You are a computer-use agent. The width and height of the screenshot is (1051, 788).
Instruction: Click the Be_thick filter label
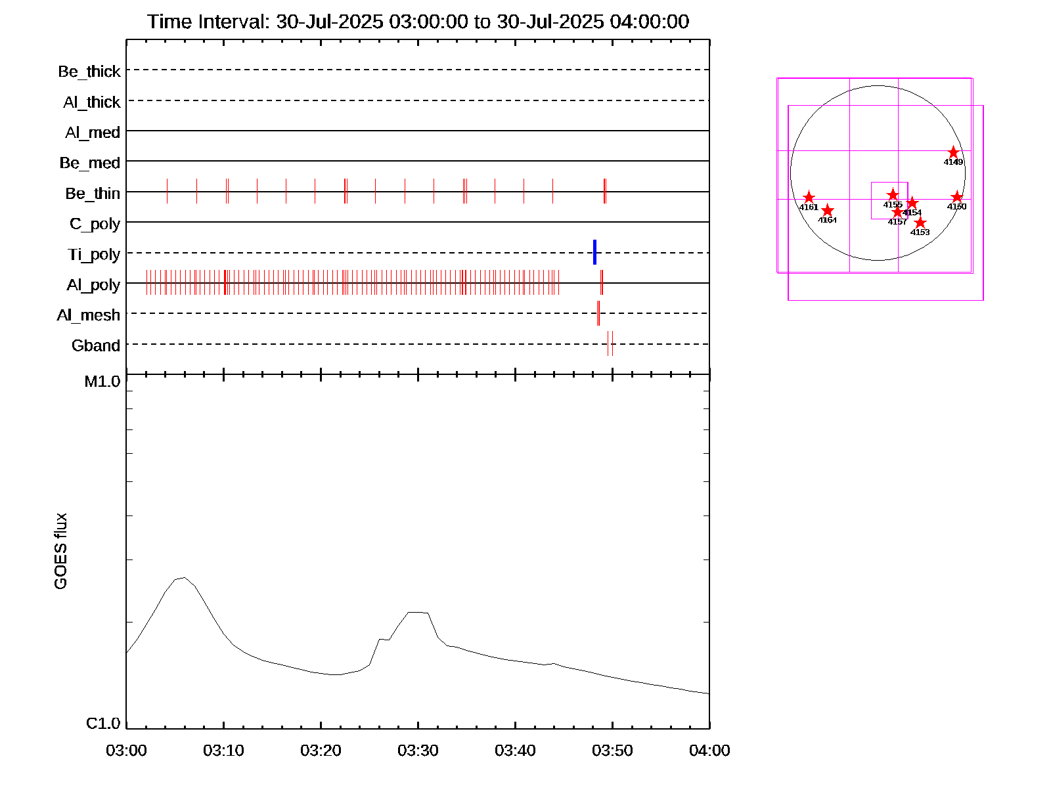tap(89, 72)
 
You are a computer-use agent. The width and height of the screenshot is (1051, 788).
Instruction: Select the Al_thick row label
tap(91, 102)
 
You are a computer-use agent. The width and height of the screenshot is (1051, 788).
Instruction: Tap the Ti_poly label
tap(94, 255)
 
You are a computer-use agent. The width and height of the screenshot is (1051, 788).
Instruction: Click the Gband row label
tap(96, 346)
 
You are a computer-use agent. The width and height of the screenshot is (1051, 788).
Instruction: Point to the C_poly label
tap(95, 225)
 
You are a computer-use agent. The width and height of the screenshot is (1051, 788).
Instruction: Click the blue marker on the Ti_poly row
tap(594, 252)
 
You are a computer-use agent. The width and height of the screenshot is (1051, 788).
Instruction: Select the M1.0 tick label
tap(102, 382)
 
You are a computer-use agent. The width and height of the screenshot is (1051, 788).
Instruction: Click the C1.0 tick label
tap(103, 724)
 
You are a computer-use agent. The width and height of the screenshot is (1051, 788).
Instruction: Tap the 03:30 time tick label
tap(418, 751)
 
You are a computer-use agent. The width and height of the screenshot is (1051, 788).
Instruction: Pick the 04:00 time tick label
tap(709, 751)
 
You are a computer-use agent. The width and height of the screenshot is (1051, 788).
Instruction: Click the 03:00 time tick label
tap(126, 751)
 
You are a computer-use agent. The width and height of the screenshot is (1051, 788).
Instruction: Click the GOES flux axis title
tap(61, 552)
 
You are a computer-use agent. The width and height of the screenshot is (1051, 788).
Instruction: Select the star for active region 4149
tap(954, 152)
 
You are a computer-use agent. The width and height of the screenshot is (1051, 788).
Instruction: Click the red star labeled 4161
tap(809, 198)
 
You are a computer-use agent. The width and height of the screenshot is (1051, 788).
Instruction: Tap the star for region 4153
tap(920, 223)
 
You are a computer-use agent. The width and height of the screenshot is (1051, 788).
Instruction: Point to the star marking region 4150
tap(957, 197)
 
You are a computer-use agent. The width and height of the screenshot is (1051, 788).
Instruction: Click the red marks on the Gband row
tap(610, 343)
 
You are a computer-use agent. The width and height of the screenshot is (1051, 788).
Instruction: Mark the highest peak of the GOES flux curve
tap(184, 578)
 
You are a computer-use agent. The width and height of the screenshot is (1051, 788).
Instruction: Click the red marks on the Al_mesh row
tap(598, 313)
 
